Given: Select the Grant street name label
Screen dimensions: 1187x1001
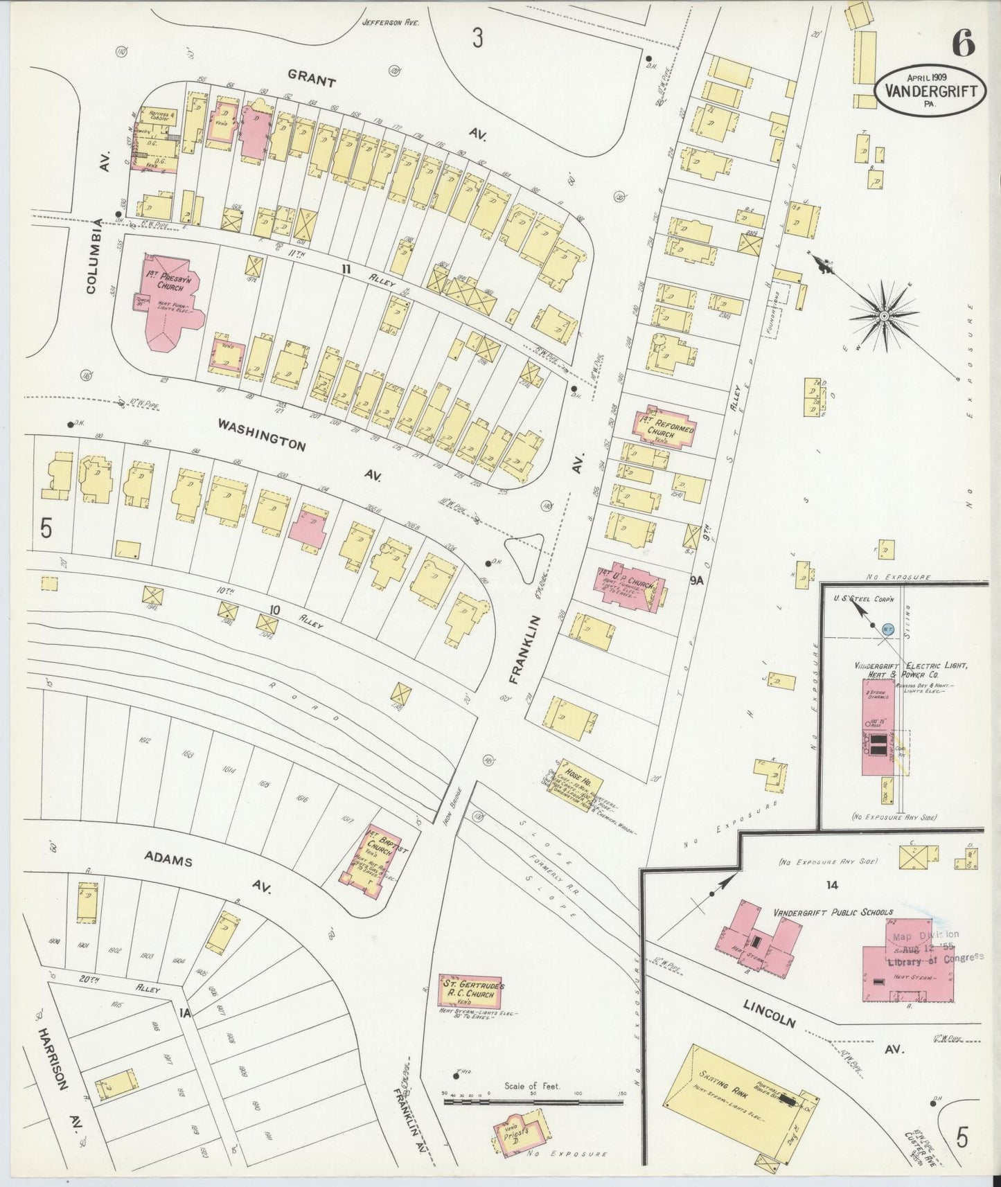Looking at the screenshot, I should coord(312,82).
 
